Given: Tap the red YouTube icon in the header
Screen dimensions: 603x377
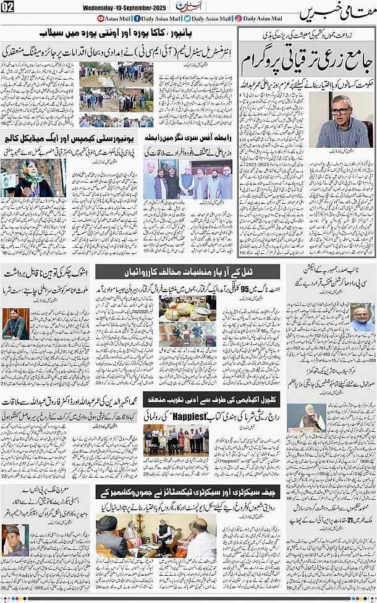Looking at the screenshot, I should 103,19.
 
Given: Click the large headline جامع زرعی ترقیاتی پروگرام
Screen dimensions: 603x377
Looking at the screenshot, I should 306,65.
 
